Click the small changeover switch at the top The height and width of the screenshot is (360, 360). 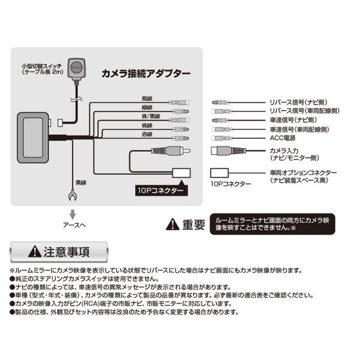tap(77, 69)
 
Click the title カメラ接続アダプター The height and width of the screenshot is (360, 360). tap(146, 74)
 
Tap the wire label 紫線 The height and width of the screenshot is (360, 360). tap(147, 99)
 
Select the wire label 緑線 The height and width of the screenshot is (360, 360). tap(147, 107)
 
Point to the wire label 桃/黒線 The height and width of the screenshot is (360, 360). tap(151, 116)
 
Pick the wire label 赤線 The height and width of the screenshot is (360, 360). tap(147, 134)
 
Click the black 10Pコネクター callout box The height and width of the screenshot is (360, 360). tap(161, 190)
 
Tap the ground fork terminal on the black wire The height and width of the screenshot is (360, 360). tap(73, 196)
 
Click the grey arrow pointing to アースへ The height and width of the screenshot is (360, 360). tap(73, 214)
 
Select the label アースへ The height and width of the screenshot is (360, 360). tap(74, 225)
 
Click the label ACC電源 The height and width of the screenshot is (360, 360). tap(283, 138)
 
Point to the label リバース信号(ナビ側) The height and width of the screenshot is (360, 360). tap(299, 103)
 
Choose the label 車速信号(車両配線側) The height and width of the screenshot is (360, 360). tap(299, 130)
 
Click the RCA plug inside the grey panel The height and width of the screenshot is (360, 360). tap(171, 151)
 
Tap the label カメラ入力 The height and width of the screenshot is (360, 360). tap(284, 151)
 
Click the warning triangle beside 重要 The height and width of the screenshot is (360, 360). tap(173, 224)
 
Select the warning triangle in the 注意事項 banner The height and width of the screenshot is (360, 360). tap(35, 251)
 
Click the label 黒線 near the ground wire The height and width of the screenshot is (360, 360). tap(81, 183)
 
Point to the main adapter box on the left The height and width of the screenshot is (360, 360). tap(33, 137)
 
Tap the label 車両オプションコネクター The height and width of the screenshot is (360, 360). tap(303, 173)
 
